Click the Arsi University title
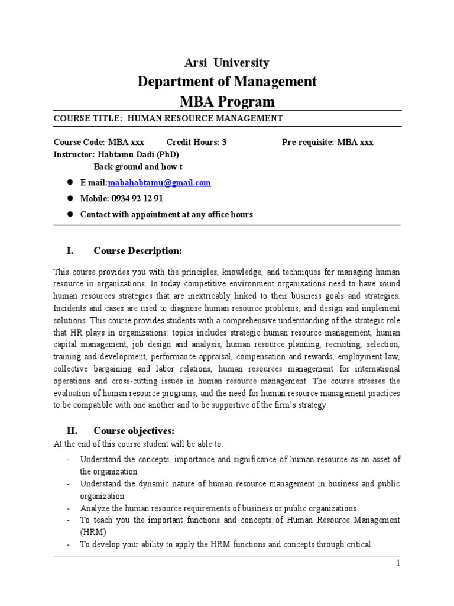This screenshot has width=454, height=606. [228, 63]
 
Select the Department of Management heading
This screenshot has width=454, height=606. [227, 81]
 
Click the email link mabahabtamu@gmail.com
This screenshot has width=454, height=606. [159, 183]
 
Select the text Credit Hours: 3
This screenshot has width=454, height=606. [196, 143]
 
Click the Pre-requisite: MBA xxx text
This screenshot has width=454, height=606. [327, 143]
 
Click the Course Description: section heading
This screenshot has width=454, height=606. [138, 251]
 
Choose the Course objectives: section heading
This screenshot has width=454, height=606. [134, 430]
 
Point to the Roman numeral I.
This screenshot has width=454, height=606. [70, 251]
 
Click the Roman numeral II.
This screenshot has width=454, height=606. [71, 430]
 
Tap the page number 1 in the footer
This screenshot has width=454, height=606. [398, 563]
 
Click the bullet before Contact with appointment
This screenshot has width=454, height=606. [69, 214]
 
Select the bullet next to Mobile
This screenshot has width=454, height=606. [69, 199]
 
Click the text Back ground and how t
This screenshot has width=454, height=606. [138, 167]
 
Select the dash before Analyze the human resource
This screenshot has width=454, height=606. [69, 508]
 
